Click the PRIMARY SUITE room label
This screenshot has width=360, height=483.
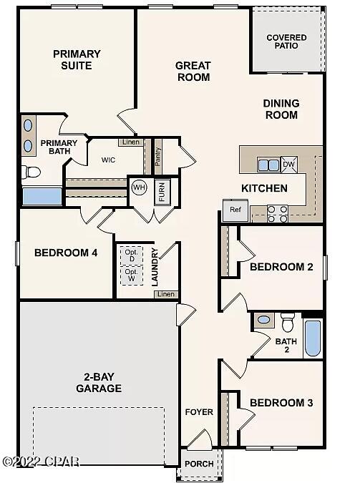[x=77, y=60]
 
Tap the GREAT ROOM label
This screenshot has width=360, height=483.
[x=193, y=71]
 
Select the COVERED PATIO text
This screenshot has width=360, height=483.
[x=286, y=42]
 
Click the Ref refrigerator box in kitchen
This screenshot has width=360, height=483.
[x=235, y=210]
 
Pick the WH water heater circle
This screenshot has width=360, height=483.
[x=139, y=187]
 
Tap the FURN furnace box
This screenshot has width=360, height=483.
[x=162, y=191]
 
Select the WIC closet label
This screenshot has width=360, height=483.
[x=109, y=160]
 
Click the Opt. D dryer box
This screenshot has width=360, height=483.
[x=131, y=255]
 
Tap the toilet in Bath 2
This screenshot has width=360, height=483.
[x=288, y=321]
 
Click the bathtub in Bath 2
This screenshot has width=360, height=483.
[x=313, y=338]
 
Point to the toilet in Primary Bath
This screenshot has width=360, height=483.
[x=31, y=172]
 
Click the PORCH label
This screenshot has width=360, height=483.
[x=199, y=464]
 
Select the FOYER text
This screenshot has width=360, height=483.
[x=199, y=412]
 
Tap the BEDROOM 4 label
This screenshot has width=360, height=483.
[x=66, y=253]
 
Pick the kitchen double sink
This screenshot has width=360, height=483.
[x=268, y=165]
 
